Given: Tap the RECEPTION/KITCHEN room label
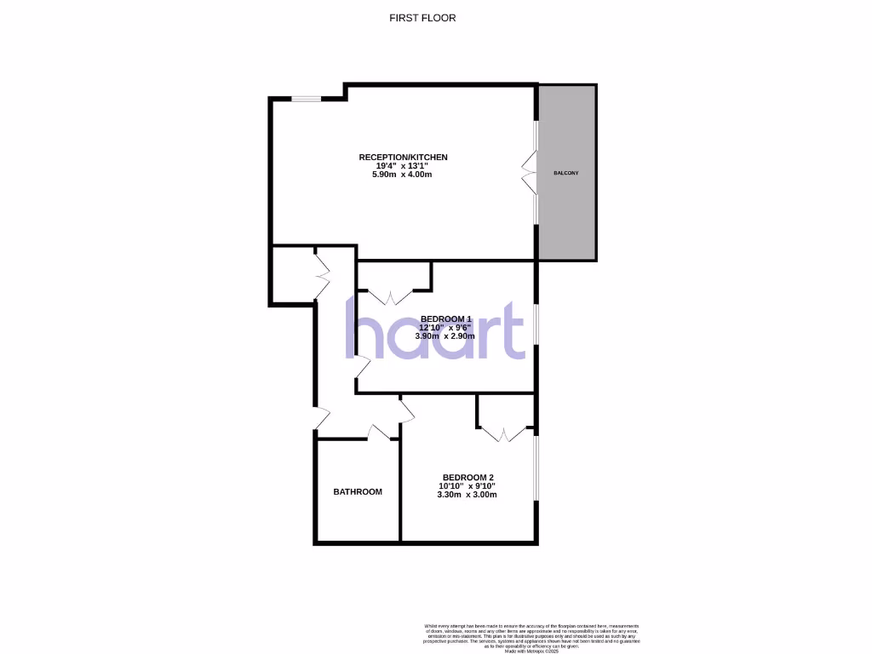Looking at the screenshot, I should click(x=403, y=158).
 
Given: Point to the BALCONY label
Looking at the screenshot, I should click(x=566, y=173).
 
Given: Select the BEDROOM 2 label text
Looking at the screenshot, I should click(x=468, y=477).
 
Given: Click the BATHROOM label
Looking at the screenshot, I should click(x=358, y=491).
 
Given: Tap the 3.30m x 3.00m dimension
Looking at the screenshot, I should click(x=468, y=495).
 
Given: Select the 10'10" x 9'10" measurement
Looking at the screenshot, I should click(x=468, y=486).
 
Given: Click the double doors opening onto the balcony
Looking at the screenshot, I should click(x=530, y=172).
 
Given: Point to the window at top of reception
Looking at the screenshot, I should click(x=307, y=99).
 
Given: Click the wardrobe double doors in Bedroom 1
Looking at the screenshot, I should click(x=391, y=296).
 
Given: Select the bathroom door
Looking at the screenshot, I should click(x=378, y=433).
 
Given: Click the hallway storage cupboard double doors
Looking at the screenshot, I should click(x=322, y=274).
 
